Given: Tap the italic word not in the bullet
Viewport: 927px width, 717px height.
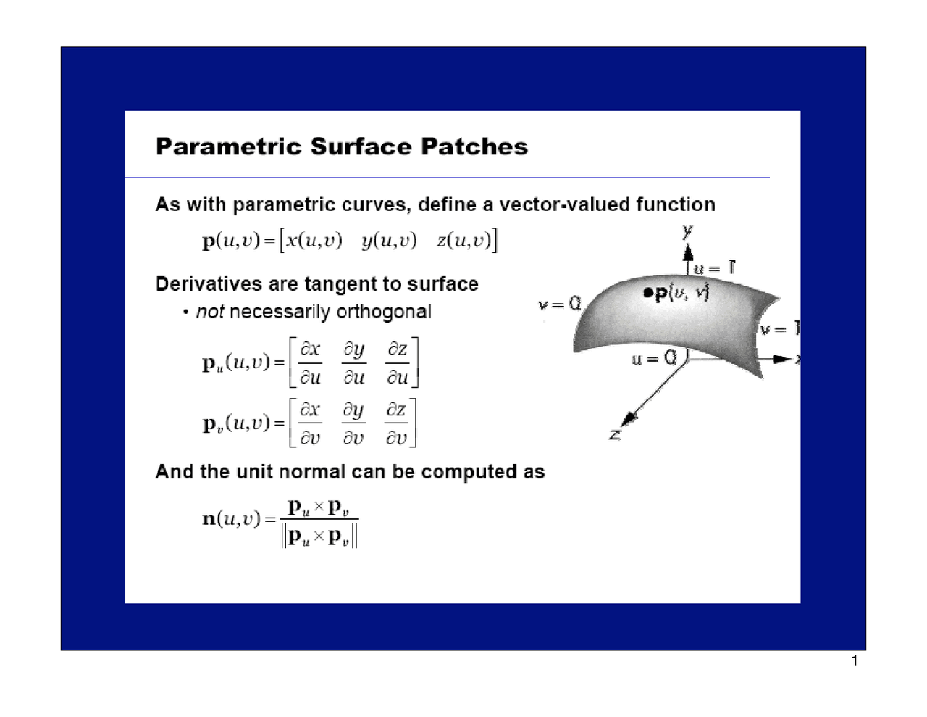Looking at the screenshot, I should (x=209, y=312).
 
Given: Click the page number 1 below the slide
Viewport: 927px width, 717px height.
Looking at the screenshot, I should (x=855, y=660).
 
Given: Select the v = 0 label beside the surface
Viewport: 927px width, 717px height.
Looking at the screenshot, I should (x=559, y=304).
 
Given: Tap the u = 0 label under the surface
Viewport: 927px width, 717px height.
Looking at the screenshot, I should (x=653, y=358).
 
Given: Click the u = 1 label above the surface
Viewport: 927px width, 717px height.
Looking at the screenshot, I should (x=714, y=268).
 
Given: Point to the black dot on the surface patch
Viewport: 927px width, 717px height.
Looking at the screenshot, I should (x=647, y=293).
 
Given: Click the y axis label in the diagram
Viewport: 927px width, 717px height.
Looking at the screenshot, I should (x=687, y=231).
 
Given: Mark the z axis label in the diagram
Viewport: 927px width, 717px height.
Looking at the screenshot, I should (x=615, y=435).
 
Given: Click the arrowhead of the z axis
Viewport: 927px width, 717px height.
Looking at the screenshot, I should (x=629, y=419).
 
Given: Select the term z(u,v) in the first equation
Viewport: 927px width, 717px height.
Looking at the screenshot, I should (x=464, y=241).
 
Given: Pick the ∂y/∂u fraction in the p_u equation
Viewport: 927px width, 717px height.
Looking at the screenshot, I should (x=354, y=362).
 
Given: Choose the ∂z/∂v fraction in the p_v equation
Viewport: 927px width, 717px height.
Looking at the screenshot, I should (x=396, y=423).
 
